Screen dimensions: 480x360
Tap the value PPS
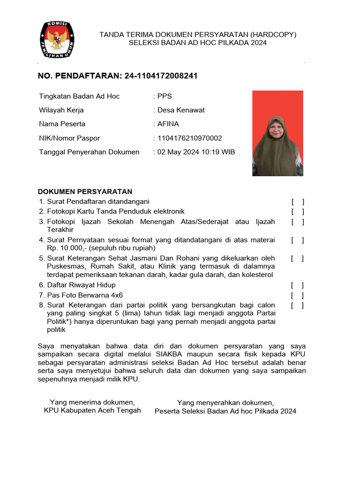tap(165, 96)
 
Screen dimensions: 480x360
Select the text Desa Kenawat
tap(181, 110)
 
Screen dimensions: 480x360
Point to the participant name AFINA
tap(168, 124)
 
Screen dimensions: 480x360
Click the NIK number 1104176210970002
tap(189, 138)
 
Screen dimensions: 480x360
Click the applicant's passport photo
tap(277, 133)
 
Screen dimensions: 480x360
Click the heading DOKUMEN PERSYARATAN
tap(85, 191)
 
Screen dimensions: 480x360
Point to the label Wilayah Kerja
tap(61, 110)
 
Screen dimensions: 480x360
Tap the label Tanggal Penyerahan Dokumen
tap(89, 152)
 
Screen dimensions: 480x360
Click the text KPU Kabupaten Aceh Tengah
tap(92, 410)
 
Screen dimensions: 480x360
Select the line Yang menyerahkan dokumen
tap(225, 403)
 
